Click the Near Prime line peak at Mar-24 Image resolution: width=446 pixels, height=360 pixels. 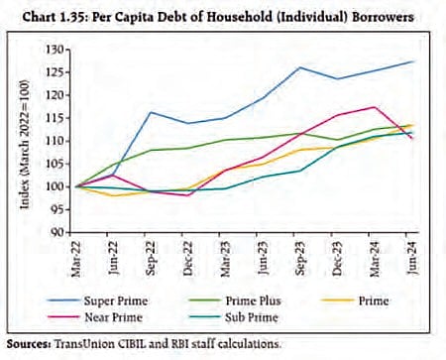coord(374,107)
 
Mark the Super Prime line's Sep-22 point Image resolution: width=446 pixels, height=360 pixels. coord(148,112)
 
